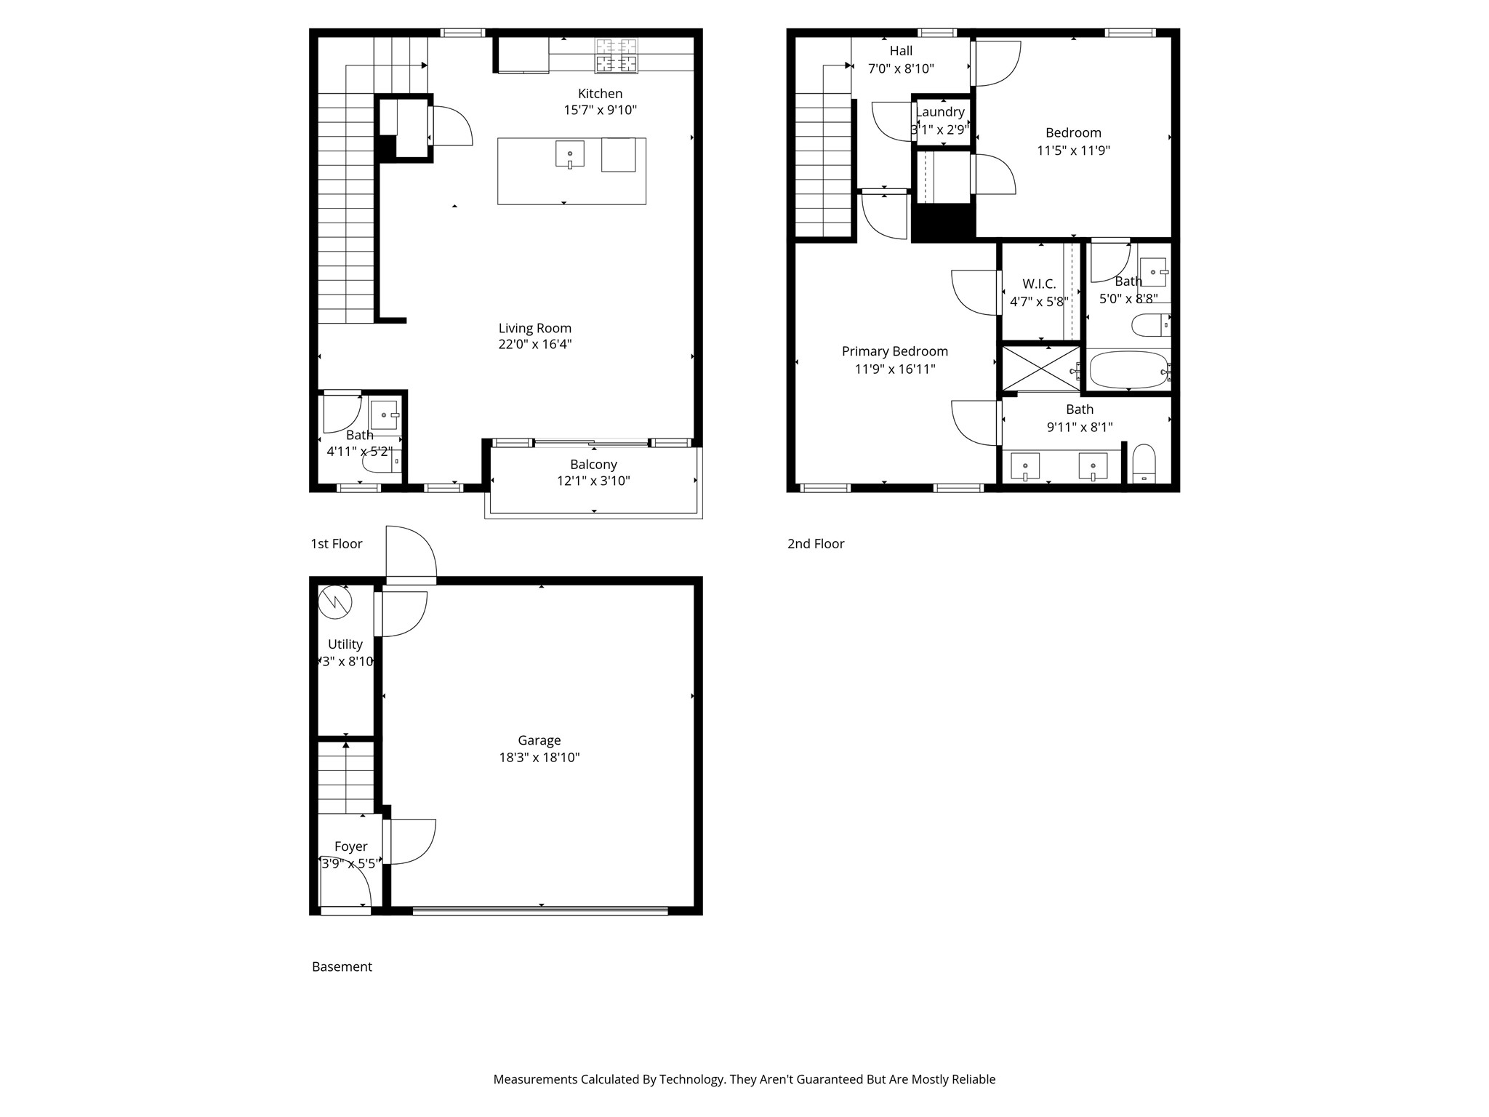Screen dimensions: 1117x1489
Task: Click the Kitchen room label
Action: coord(600,94)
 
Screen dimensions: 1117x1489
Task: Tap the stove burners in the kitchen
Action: coord(617,56)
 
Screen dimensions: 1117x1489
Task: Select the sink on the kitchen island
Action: coord(569,153)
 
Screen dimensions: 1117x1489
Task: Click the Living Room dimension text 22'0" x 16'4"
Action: coord(535,345)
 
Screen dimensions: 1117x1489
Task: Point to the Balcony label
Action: coord(593,465)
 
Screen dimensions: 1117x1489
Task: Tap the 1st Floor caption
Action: coord(336,544)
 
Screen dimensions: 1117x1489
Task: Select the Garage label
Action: coord(539,740)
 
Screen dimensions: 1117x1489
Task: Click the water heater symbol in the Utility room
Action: coord(335,602)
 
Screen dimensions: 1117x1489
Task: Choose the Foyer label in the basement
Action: coord(350,846)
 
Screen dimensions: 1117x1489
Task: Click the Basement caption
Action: coord(342,966)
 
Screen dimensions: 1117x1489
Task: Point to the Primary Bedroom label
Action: coord(894,351)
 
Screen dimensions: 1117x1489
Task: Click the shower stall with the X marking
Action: coord(1040,369)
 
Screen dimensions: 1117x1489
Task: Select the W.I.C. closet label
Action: coord(1038,284)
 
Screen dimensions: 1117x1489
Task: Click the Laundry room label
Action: coord(940,112)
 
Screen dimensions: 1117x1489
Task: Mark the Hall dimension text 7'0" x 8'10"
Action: coord(901,69)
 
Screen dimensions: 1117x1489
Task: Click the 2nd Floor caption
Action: coord(815,544)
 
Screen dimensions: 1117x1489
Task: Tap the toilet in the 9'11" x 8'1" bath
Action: coord(1144,463)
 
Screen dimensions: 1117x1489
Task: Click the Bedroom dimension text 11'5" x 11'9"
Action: coord(1073,151)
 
